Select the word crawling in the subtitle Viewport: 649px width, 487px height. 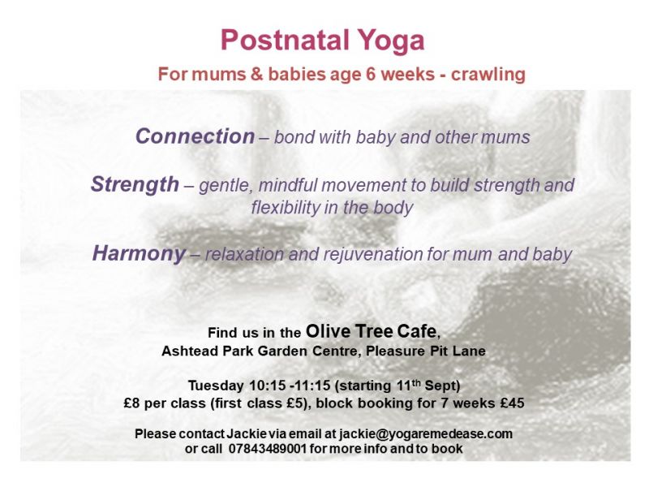488,75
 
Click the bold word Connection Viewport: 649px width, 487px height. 195,136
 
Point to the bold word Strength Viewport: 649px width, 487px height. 135,185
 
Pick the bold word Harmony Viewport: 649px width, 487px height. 139,253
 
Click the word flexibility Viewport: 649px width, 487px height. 287,208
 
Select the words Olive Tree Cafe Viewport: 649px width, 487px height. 372,331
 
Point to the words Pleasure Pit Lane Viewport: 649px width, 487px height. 425,351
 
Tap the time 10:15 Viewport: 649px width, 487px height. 268,386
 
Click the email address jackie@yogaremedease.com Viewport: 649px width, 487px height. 426,434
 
